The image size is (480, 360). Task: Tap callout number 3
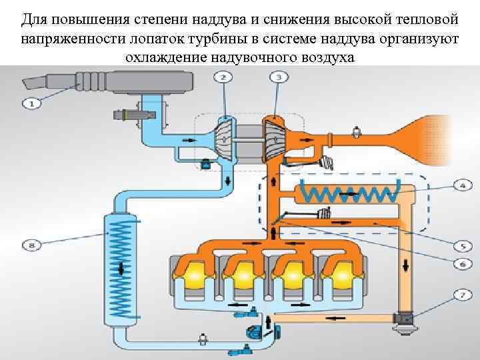click(x=279, y=78)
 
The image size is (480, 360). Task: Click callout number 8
click(x=31, y=245)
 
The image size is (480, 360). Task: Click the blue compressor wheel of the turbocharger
click(x=225, y=137)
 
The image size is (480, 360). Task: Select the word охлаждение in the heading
click(x=165, y=57)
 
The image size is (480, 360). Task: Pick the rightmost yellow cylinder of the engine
click(x=341, y=273)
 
